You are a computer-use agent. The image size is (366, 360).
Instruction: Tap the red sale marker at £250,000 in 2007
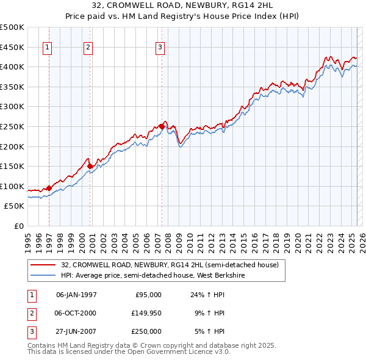pos(162,126)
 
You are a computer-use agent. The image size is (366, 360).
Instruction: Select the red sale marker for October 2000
pos(90,165)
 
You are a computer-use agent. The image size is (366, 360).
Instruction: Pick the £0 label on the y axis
pos(19,226)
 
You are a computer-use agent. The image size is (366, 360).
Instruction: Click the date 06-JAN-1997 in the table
pos(76,295)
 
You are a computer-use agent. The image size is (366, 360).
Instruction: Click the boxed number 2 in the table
pos(30,313)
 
